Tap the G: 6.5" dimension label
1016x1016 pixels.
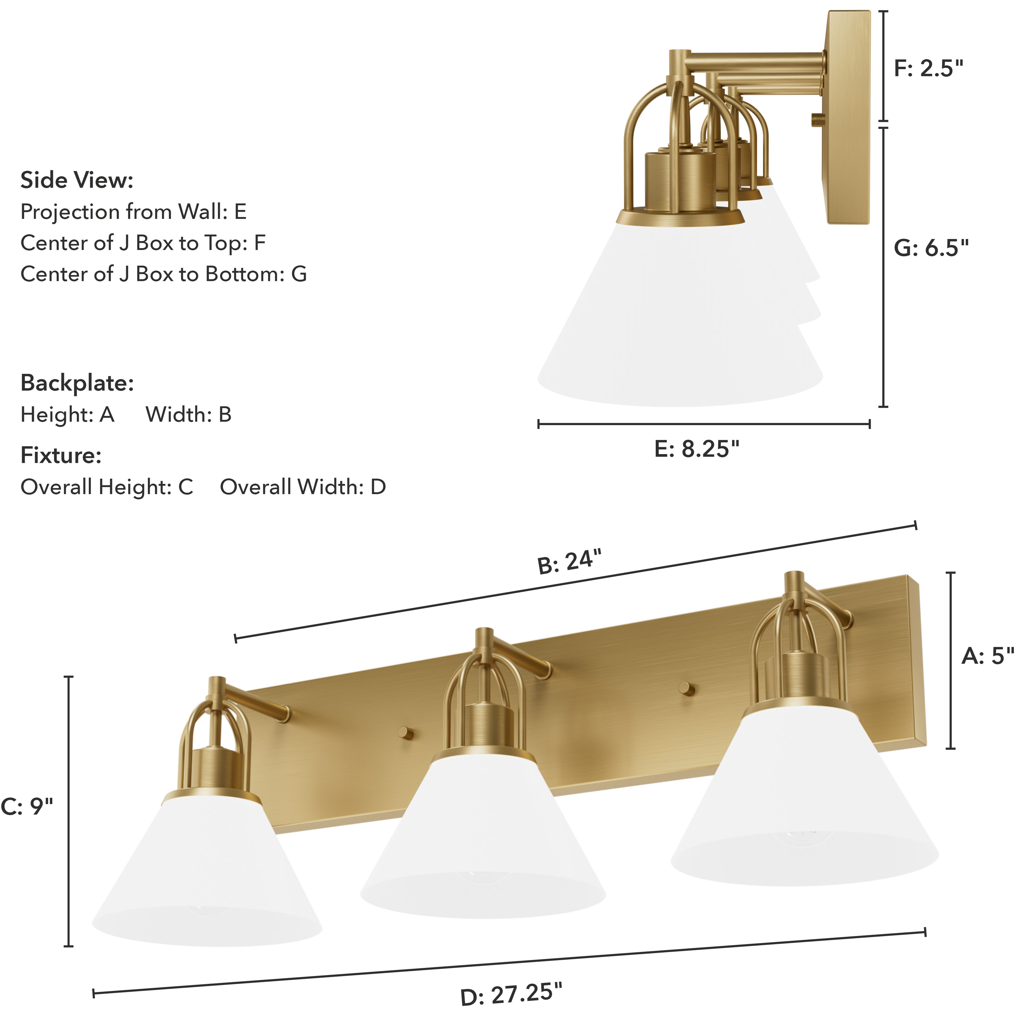tap(931, 248)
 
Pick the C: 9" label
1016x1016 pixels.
tap(27, 806)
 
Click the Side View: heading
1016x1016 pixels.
tap(77, 180)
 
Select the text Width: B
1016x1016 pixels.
tap(188, 415)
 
